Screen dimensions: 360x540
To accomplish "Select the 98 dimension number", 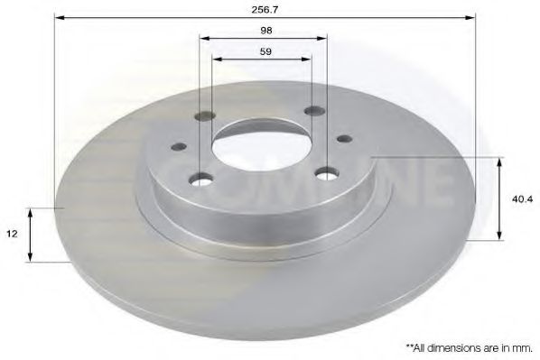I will [265, 30].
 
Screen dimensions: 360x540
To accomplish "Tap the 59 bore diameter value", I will [265, 51].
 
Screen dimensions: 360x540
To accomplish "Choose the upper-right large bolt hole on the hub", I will [314, 111].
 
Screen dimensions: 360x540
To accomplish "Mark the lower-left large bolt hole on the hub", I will [201, 179].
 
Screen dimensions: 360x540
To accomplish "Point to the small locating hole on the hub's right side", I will [343, 139].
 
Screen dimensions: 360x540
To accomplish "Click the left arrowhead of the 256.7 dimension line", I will [61, 16].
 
